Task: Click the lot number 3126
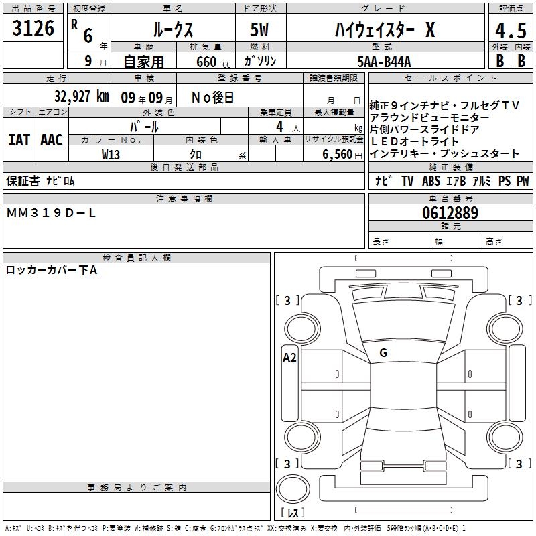tap(33, 28)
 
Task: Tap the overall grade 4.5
tap(511, 31)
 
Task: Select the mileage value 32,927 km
tap(81, 96)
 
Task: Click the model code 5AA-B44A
tap(384, 62)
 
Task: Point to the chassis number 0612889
tap(450, 213)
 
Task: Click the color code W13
tap(111, 155)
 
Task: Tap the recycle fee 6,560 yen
tap(342, 155)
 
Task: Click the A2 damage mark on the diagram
tap(289, 358)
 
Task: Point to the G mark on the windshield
tap(383, 353)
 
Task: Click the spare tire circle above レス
tap(293, 489)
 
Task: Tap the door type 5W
tap(259, 29)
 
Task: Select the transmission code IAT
tap(19, 140)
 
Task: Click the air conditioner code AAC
tap(52, 140)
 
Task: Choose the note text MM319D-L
tap(51, 213)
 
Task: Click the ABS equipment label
tap(431, 181)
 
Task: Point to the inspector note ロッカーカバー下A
tap(52, 270)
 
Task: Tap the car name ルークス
tap(174, 29)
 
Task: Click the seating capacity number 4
tap(279, 127)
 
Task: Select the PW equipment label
tap(523, 181)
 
